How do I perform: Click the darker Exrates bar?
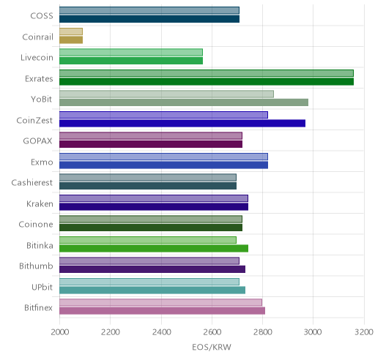coord(207,82)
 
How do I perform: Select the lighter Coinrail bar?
coord(71,31)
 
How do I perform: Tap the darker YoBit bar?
coord(184,102)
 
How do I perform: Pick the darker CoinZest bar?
coord(182,124)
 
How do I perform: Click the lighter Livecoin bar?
coord(131,52)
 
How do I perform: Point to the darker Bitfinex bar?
coord(162,311)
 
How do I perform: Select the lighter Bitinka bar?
coord(148,240)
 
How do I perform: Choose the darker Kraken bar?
coord(154,207)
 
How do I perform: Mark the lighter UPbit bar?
coord(149,282)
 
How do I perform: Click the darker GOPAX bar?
coord(151,144)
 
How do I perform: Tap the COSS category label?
coord(42,16)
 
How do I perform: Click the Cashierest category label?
coord(32,183)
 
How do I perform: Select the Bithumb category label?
coord(36,266)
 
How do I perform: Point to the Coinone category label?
coord(36,225)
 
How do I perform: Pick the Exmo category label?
coord(42,162)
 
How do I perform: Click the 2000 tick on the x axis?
coord(60,332)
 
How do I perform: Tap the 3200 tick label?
coord(364,332)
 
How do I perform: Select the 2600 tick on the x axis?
coord(212,332)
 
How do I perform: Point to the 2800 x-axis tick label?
coord(262,332)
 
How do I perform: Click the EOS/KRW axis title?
coord(212,347)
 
